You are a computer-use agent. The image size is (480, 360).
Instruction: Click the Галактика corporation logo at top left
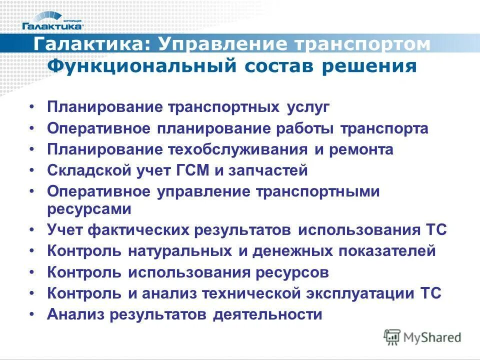(52, 19)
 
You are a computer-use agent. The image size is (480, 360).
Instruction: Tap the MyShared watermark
(422, 336)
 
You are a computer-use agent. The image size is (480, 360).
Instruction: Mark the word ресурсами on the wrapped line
(89, 209)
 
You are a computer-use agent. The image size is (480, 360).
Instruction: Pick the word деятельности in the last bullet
(267, 315)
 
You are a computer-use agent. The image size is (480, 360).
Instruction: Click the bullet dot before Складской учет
(31, 171)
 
